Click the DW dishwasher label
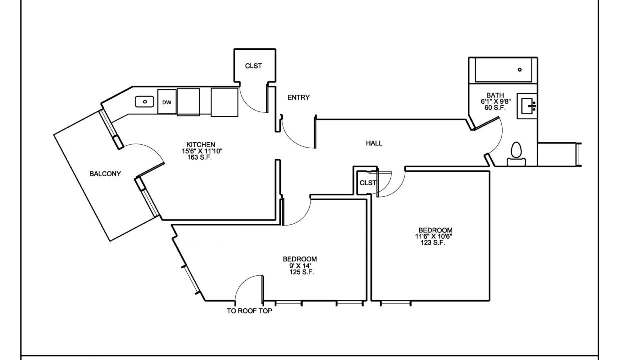coord(167,102)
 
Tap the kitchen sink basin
coord(144,102)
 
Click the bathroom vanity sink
coord(529,106)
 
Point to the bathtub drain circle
coord(520,70)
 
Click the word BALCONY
coord(105,174)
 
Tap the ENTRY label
coord(298,97)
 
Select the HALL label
coord(374,143)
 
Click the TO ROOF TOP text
coord(249,311)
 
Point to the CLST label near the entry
coord(253,66)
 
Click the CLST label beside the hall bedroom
coord(368,183)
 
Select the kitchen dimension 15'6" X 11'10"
coord(202,151)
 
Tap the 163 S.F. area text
coord(200,157)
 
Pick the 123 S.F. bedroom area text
coord(433,243)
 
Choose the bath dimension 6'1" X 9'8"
coord(495,101)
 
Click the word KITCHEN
coord(201,145)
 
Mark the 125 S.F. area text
coord(302,272)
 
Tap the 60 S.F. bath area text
coord(495,107)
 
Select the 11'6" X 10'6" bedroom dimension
coord(433,236)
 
